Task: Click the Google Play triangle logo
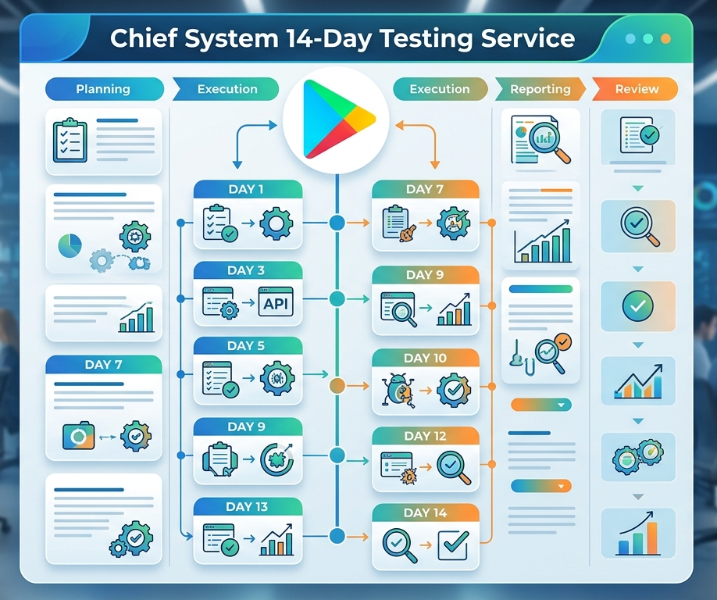[x=336, y=120]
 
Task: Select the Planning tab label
[x=103, y=89]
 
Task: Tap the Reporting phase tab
[x=540, y=89]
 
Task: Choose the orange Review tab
[x=636, y=89]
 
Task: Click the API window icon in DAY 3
[x=276, y=302]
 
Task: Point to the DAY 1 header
[x=248, y=189]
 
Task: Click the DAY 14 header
[x=425, y=512]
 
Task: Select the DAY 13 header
[x=248, y=507]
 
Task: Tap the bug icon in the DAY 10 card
[x=398, y=390]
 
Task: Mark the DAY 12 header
[x=425, y=436]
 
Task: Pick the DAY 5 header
[x=248, y=346]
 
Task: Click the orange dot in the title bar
[x=665, y=39]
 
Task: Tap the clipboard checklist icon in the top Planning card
[x=70, y=141]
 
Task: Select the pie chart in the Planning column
[x=70, y=245]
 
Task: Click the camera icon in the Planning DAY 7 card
[x=78, y=436]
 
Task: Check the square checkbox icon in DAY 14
[x=453, y=545]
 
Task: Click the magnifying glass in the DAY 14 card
[x=399, y=545]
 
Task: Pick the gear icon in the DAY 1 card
[x=276, y=223]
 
